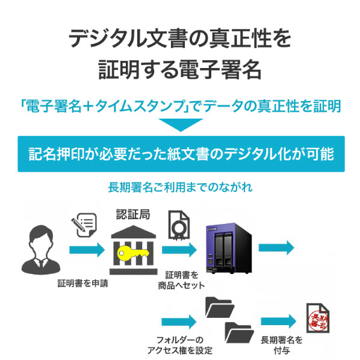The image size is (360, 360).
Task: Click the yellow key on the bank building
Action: [x=133, y=253]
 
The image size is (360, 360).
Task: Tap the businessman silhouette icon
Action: [x=41, y=250]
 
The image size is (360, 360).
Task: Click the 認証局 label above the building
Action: [x=133, y=214]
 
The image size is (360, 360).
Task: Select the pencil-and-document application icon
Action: [x=84, y=225]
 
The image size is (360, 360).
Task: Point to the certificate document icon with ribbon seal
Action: [x=179, y=226]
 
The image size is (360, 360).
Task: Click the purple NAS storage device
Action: [x=229, y=248]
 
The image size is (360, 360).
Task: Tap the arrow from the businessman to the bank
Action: [x=87, y=250]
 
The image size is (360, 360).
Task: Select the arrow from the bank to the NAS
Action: [x=179, y=250]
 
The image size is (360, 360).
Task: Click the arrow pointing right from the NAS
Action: [x=276, y=247]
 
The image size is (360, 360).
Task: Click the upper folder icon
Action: [x=220, y=308]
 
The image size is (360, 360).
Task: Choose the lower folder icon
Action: [x=239, y=332]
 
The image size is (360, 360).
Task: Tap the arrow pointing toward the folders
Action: [x=179, y=321]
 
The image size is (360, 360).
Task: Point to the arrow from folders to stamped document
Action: [x=279, y=321]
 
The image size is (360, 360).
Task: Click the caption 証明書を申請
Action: [x=82, y=284]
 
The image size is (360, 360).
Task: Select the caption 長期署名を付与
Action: [x=282, y=346]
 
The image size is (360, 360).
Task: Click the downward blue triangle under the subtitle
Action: [x=181, y=125]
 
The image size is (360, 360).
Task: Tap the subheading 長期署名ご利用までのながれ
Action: [x=181, y=187]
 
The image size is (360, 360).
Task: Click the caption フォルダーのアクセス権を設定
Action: [x=179, y=346]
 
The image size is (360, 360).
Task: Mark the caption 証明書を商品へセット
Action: [x=181, y=280]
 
